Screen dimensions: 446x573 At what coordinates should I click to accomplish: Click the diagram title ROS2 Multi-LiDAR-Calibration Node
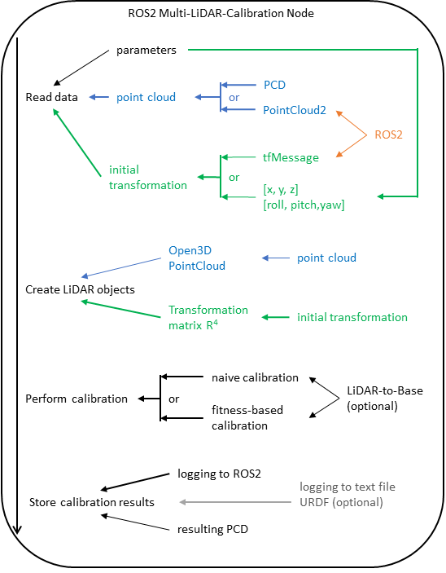(x=221, y=14)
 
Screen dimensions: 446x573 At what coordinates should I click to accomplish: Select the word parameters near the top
(x=146, y=51)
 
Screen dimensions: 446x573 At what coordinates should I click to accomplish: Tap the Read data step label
(x=51, y=97)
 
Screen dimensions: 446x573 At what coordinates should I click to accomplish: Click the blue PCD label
(x=274, y=85)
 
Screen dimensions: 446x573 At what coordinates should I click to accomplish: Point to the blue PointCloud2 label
(x=295, y=110)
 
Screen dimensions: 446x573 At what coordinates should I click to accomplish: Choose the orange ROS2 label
(x=388, y=134)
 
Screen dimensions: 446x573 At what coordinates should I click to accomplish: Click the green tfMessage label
(x=291, y=157)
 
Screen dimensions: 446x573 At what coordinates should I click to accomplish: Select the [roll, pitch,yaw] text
(x=304, y=205)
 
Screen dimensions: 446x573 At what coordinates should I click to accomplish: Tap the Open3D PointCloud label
(x=197, y=258)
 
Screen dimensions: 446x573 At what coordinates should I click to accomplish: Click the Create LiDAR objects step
(x=80, y=290)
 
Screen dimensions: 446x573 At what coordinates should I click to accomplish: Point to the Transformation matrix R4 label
(x=208, y=318)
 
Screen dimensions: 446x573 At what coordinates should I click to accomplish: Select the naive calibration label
(x=255, y=377)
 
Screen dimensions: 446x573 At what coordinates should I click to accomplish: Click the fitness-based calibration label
(x=247, y=417)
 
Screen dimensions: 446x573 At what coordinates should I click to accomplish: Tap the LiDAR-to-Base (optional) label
(x=385, y=399)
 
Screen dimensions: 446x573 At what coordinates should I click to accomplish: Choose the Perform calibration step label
(x=77, y=399)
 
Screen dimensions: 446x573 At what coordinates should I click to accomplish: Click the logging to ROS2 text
(x=219, y=474)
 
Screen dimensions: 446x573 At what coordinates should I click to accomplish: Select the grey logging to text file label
(x=347, y=487)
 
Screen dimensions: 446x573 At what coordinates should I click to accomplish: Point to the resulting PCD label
(x=212, y=529)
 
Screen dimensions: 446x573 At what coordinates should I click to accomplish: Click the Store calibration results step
(x=92, y=502)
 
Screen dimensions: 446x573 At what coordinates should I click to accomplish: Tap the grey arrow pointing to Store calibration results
(x=235, y=502)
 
